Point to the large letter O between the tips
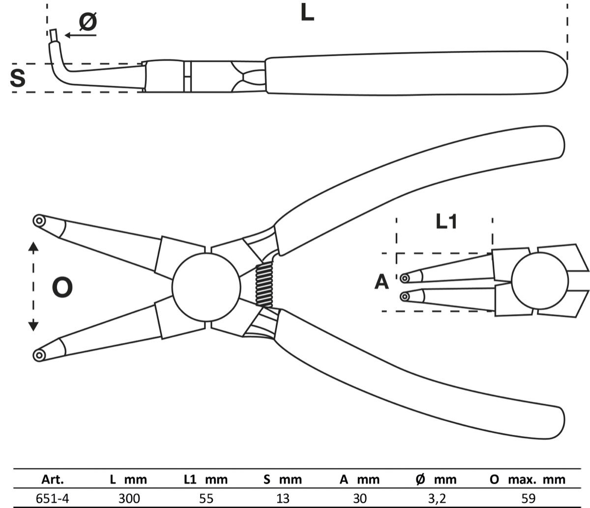pos(62,287)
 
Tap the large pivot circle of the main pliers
pos(206,287)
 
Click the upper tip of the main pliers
pos(39,221)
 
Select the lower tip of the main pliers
pos(38,354)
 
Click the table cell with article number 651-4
pos(53,499)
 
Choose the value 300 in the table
pos(128,499)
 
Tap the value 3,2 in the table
pos(438,499)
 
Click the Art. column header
pos(53,479)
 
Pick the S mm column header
pos(282,479)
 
